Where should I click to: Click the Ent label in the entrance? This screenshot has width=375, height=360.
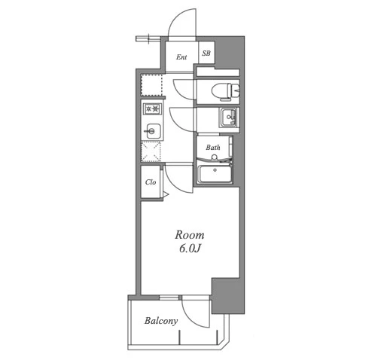point(181,57)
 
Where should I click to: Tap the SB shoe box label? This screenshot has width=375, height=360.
point(206,53)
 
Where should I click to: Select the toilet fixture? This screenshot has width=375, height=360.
point(226,91)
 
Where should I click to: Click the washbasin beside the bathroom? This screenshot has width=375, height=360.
point(228,117)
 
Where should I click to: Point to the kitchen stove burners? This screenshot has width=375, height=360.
point(152,109)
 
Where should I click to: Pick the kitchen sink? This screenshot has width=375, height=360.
point(153,131)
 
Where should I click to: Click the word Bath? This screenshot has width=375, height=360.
point(213,148)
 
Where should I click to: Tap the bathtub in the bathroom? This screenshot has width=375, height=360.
point(215,174)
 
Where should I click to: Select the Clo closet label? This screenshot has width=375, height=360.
point(151,182)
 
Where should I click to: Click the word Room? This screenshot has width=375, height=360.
point(190,235)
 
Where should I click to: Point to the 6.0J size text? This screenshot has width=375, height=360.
point(190,249)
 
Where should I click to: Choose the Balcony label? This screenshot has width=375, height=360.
point(161,321)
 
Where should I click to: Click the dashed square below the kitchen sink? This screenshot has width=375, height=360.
point(151,151)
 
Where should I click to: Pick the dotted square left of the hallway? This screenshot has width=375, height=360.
point(151,84)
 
